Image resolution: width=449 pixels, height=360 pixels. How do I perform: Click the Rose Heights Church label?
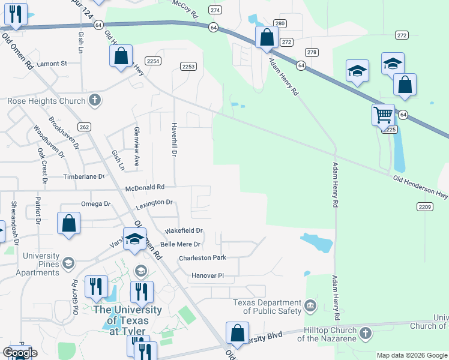[x=46, y=101]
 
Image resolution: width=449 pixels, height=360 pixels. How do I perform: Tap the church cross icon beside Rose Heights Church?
[x=95, y=100]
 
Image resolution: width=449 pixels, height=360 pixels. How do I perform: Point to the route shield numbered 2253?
[x=188, y=66]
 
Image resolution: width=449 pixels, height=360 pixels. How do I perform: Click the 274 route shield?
[x=215, y=10]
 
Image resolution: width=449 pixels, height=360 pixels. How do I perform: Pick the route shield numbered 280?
[x=280, y=24]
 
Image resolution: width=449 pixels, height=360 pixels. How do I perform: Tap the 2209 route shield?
[x=424, y=207]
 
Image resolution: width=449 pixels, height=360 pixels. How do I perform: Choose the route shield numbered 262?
[x=84, y=127]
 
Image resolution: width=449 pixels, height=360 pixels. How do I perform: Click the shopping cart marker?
[x=382, y=113]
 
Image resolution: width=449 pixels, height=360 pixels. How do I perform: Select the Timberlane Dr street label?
[x=85, y=177]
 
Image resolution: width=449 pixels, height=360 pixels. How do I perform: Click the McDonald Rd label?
[x=145, y=188]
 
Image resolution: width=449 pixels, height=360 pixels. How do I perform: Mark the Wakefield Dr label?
[x=184, y=230]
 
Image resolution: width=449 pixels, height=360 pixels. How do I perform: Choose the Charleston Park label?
[x=202, y=258]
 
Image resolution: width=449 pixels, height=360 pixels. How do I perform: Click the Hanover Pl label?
[x=207, y=275]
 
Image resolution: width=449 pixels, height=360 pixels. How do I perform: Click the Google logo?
[x=20, y=352]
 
